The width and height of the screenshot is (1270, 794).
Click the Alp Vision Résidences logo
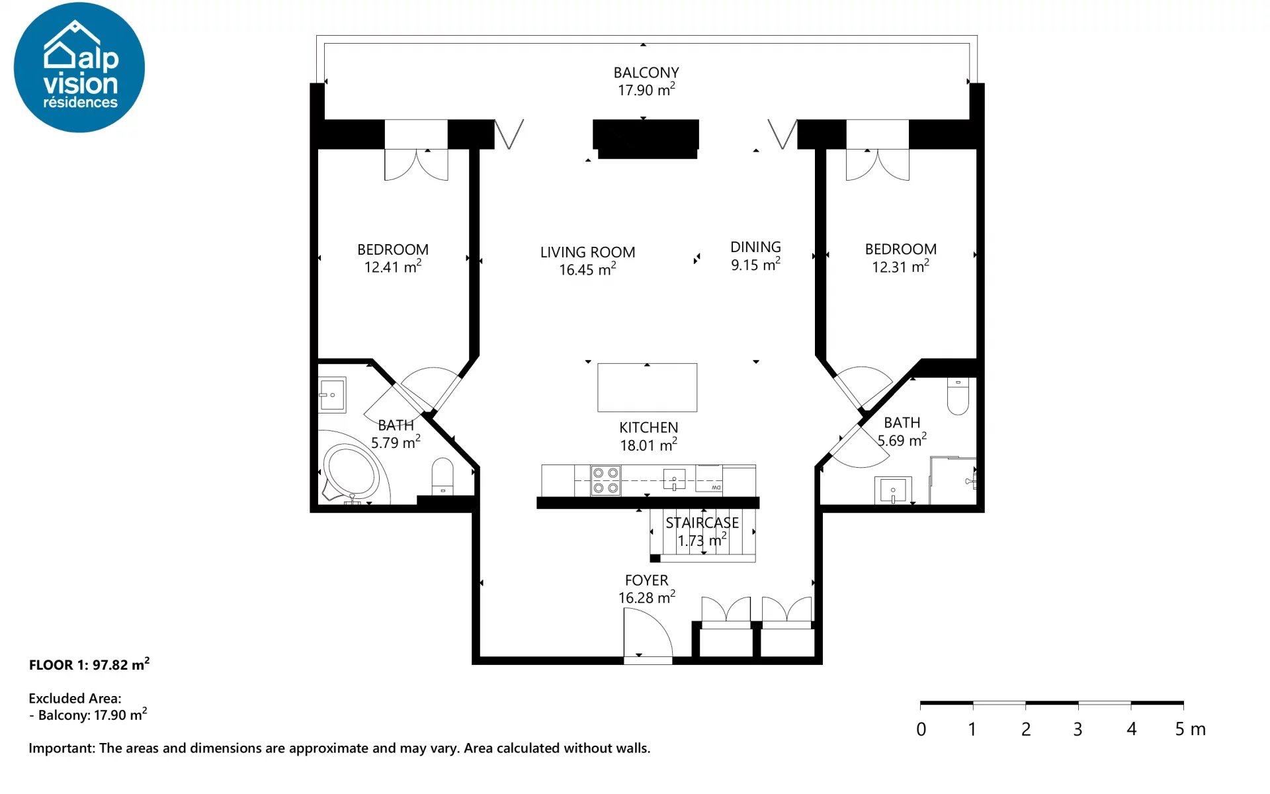click(x=79, y=67)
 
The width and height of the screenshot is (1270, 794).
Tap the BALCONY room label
click(x=646, y=73)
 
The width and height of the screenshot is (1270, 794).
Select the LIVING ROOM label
click(x=587, y=252)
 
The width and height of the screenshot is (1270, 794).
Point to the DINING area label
click(x=755, y=247)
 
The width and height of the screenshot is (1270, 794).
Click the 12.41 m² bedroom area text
click(x=393, y=266)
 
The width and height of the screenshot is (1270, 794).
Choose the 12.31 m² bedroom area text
click(x=900, y=266)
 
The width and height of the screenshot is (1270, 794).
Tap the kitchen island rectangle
click(x=647, y=388)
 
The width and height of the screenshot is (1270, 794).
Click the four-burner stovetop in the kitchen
click(x=605, y=480)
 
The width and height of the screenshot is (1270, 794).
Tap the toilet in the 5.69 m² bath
click(x=958, y=396)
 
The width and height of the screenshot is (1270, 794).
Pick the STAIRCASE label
click(x=702, y=523)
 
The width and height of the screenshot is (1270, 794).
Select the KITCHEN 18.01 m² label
click(x=648, y=436)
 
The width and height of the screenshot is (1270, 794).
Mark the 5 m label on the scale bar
click(x=1190, y=729)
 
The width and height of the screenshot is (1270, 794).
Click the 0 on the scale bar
click(x=921, y=729)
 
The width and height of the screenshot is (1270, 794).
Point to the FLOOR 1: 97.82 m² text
click(x=89, y=664)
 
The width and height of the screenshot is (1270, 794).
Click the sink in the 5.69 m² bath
click(x=893, y=490)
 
